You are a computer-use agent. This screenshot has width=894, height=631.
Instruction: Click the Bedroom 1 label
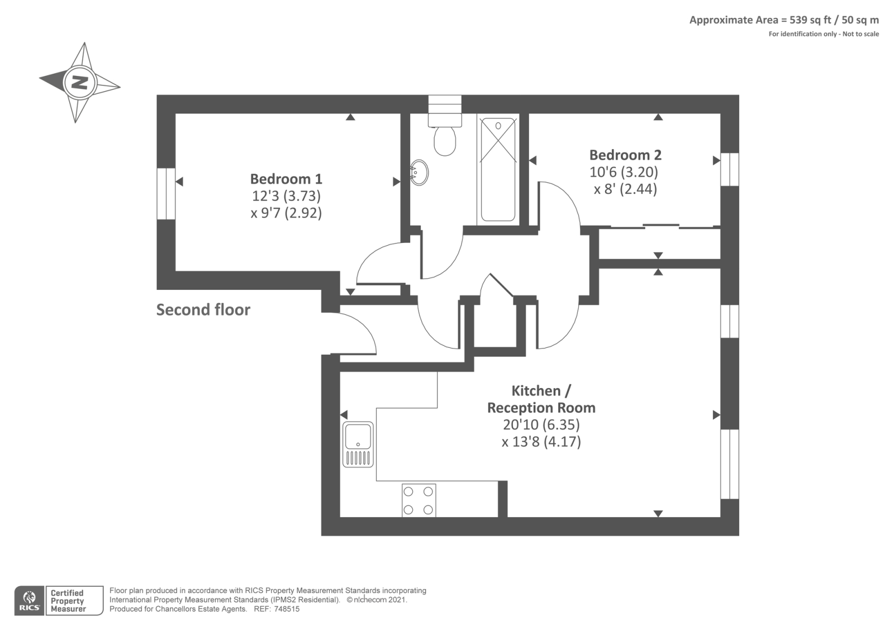pos(286,179)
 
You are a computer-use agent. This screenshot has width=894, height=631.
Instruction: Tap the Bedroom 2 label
pos(625,155)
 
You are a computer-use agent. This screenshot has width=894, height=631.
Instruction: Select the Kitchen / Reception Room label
pos(541,399)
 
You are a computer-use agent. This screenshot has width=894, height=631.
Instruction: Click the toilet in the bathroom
pos(445,140)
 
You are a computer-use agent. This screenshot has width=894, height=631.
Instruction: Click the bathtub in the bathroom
pos(498,169)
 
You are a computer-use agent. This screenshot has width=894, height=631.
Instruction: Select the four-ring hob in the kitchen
pos(419,500)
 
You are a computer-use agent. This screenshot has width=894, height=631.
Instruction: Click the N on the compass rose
pos(80,83)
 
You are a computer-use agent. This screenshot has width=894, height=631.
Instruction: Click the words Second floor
pos(203,310)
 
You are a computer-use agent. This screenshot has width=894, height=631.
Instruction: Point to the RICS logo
pos(29,601)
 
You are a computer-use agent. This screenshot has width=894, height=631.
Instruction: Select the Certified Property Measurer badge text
pos(68,601)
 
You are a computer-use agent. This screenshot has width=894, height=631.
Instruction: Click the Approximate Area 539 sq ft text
pos(784,20)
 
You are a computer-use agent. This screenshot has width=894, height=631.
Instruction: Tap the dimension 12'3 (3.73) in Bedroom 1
pos(286,196)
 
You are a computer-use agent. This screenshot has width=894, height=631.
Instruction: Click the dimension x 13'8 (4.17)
pos(541,442)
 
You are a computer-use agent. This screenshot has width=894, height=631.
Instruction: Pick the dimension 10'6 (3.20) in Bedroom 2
pos(624,172)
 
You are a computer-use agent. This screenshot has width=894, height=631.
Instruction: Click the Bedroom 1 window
pos(166,193)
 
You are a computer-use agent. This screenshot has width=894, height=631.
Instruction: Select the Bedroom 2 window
pos(730,169)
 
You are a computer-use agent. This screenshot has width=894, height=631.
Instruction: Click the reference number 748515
pos(287,609)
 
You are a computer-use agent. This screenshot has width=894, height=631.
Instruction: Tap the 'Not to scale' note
pos(860,34)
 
